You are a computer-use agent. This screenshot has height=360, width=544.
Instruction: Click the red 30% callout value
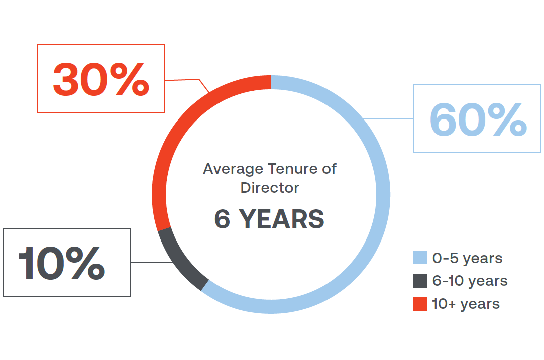101,79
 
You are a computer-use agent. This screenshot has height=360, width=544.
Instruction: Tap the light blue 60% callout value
478,119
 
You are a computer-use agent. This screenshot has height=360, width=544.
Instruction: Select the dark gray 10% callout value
62,263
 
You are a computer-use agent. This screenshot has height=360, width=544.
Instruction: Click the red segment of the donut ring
180,125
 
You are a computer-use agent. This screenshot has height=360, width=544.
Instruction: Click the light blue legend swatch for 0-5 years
420,258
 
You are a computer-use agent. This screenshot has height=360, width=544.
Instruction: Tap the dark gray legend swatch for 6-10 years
420,281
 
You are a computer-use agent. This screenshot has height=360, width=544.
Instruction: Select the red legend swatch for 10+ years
420,304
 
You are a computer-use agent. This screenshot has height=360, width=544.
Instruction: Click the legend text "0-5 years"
467,258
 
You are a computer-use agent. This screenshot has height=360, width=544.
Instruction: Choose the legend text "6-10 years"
470,281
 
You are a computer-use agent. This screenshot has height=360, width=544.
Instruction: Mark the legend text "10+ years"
466,304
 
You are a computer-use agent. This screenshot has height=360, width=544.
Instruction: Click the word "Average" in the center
233,169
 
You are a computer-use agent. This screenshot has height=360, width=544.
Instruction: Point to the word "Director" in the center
270,188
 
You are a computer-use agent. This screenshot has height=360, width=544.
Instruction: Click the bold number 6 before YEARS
223,219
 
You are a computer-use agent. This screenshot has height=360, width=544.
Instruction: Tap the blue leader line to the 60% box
388,119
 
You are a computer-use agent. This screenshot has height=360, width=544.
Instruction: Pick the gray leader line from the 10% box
152,263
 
